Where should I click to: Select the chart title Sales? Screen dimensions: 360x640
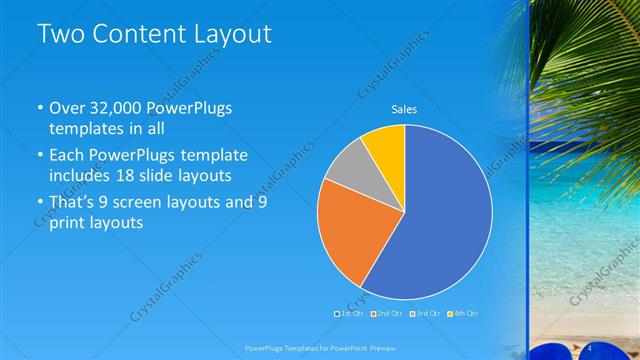pyautogui.click(x=404, y=110)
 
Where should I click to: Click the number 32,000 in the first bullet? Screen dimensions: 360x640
pyautogui.click(x=121, y=107)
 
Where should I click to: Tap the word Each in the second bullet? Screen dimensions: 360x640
pyautogui.click(x=68, y=155)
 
